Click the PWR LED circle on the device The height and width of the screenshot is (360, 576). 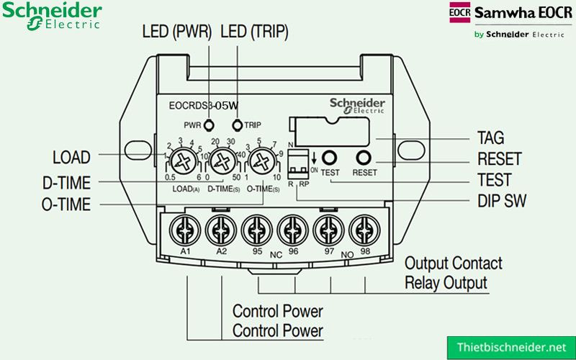pos(210,125)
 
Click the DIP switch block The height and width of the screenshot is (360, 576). pos(297,167)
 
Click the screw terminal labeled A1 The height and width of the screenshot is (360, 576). pos(184,230)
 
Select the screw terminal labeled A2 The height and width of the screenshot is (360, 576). pos(220,230)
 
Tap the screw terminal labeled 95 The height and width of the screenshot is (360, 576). pos(256,230)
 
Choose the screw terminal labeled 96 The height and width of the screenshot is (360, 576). pos(292,230)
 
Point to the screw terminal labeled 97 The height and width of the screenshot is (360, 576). pos(328,230)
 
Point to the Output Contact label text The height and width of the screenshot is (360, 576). pos(454,264)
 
